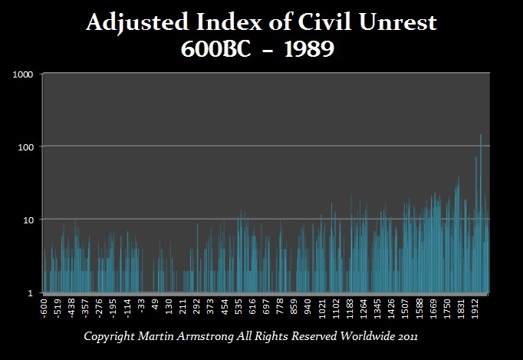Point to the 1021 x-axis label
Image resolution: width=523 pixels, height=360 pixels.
click(x=322, y=309)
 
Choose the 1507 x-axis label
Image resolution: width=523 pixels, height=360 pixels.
click(x=406, y=309)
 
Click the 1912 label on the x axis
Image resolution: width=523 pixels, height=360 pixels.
click(x=475, y=309)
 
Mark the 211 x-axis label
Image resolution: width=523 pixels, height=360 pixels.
click(x=183, y=307)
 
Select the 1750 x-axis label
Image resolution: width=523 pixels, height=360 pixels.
click(x=448, y=309)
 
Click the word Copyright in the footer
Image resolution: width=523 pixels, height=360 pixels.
click(x=113, y=337)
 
